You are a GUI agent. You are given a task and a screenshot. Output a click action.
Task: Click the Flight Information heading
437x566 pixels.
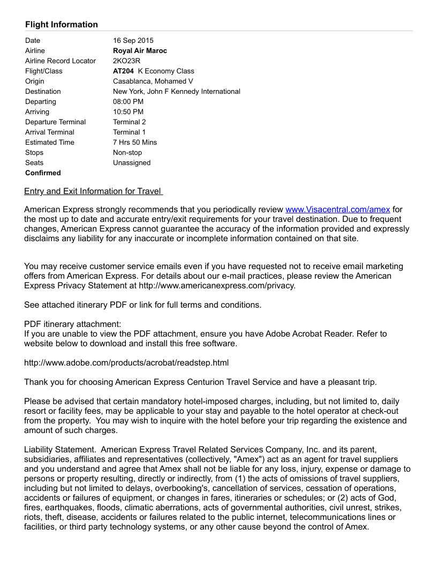point(62,25)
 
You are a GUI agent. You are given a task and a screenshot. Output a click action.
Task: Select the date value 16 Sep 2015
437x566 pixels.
point(133,40)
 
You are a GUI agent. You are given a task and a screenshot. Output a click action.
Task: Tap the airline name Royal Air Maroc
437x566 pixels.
point(140,50)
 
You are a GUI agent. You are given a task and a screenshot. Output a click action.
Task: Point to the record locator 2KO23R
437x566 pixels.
point(126,61)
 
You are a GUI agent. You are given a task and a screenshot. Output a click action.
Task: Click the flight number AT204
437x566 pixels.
point(124,71)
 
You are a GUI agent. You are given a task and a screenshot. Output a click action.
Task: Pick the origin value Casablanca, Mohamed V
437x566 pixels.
point(153,81)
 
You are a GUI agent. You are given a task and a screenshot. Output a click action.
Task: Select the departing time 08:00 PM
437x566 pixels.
point(128,101)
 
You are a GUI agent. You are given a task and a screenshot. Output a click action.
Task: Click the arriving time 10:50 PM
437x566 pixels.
point(128,111)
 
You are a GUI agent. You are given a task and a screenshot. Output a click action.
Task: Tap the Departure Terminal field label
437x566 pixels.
point(55,122)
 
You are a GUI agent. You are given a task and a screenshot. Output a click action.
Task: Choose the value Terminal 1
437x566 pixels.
point(129,132)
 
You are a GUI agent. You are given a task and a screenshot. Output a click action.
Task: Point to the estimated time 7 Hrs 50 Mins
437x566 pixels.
point(135,142)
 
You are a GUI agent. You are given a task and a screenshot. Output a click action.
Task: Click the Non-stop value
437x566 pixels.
point(127,152)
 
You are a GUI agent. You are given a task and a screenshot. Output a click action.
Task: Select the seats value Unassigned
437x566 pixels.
point(132,162)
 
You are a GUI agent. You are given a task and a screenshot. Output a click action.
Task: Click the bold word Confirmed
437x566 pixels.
point(43,173)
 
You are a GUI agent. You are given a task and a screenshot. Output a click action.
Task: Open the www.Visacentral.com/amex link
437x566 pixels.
point(337,210)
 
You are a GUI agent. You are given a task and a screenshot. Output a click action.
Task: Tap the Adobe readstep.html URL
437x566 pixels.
point(126,363)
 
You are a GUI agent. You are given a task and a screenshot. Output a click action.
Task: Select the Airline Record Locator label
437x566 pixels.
point(61,61)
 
